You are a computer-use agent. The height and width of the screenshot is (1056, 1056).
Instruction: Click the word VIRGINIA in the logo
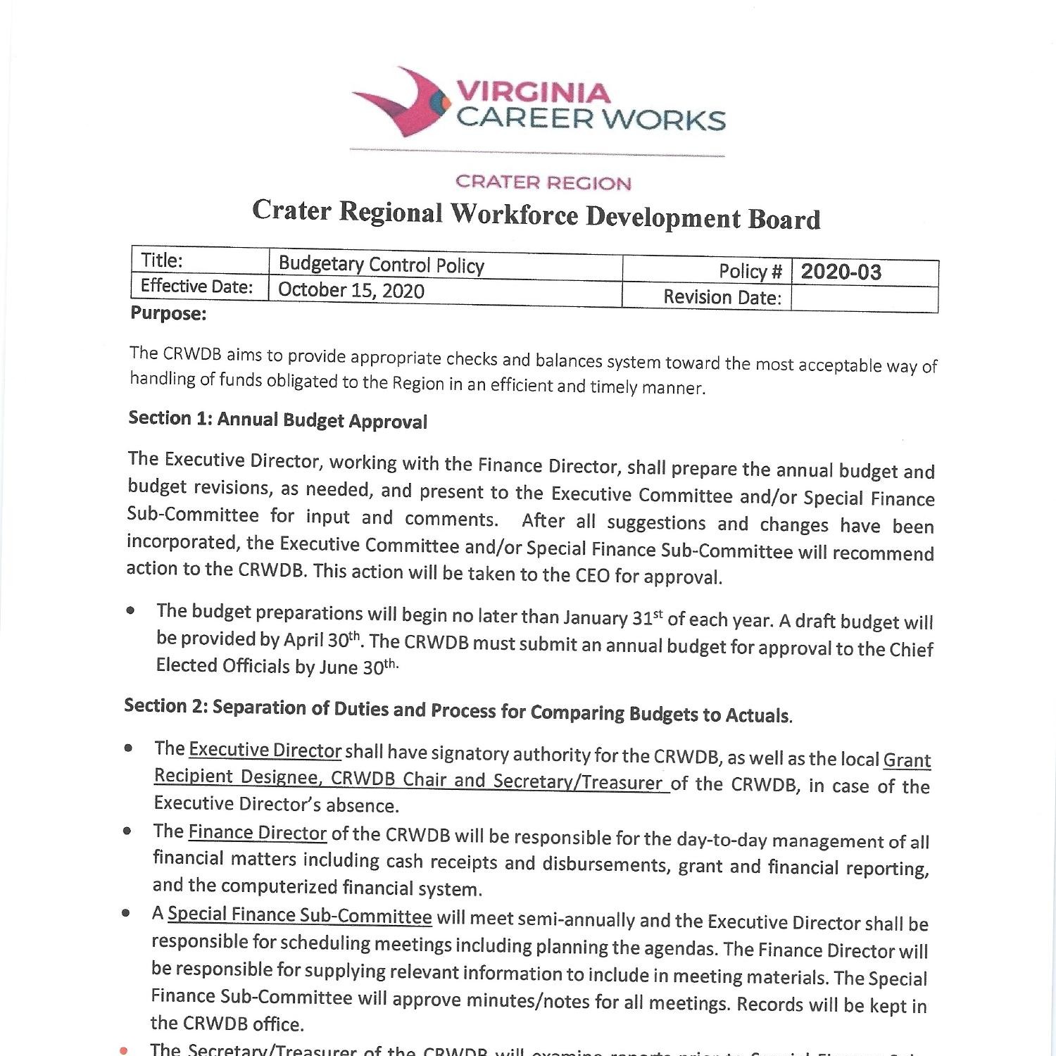(x=534, y=92)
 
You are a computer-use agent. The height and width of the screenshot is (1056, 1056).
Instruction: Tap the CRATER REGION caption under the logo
(x=543, y=183)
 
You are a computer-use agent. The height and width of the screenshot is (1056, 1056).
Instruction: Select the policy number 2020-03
(x=841, y=272)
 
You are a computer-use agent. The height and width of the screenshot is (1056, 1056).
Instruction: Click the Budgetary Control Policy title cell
(x=381, y=265)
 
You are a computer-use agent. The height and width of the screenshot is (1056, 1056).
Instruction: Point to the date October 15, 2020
(x=351, y=290)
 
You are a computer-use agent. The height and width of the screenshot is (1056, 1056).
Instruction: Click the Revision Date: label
(x=722, y=297)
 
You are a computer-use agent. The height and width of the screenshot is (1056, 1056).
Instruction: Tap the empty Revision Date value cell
(x=864, y=298)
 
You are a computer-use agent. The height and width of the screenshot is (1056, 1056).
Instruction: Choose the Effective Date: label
(x=196, y=286)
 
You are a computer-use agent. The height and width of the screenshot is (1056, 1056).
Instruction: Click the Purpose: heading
(x=168, y=313)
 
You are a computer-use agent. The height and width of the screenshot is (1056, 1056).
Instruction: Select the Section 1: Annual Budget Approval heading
(x=277, y=420)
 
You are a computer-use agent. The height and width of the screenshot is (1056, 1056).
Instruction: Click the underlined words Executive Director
(x=265, y=750)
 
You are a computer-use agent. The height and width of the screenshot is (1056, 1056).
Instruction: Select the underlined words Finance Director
(x=257, y=833)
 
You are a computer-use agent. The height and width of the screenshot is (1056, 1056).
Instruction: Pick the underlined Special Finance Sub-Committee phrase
(x=299, y=915)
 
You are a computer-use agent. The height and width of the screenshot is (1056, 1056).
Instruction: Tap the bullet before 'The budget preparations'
(x=131, y=610)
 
